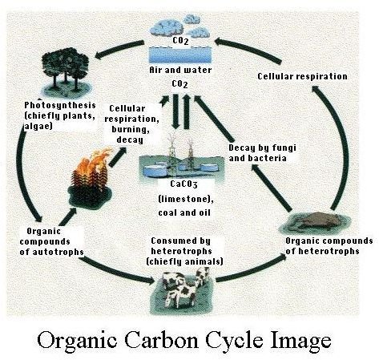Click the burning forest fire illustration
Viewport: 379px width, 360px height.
[90, 179]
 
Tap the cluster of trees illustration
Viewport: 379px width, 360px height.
[66, 71]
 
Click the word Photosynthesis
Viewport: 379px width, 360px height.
[60, 105]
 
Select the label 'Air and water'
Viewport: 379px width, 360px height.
[180, 70]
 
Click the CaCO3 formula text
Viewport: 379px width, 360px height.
[183, 184]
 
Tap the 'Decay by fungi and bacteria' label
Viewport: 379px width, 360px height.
[263, 153]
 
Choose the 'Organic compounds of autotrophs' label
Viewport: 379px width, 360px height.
[51, 241]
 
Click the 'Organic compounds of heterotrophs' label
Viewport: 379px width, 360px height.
[329, 246]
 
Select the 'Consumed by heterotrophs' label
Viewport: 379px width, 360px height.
[182, 246]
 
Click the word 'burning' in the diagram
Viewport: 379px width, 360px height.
[131, 130]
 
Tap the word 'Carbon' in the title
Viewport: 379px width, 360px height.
[163, 339]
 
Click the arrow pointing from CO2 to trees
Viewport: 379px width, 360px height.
[119, 50]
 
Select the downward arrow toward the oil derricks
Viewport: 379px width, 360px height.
[175, 111]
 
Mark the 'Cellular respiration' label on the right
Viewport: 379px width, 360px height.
[302, 76]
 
